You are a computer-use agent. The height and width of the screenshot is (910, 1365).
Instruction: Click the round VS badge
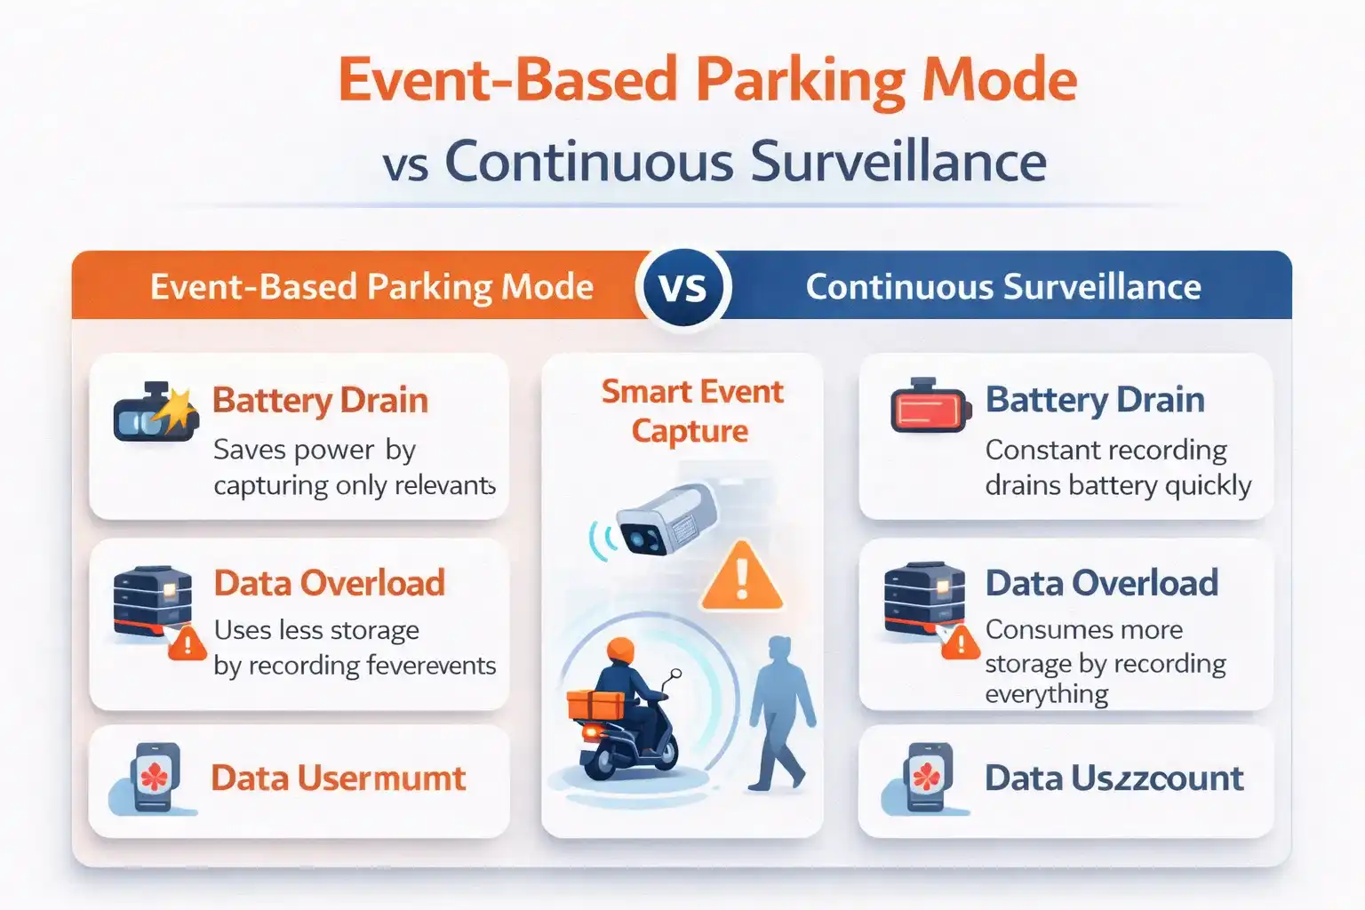pos(683,287)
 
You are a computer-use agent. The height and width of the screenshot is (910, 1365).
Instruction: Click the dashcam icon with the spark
pos(154,412)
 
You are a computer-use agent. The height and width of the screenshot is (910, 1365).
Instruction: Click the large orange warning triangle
pos(742,579)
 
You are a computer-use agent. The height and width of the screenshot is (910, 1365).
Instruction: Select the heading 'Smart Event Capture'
pos(691,411)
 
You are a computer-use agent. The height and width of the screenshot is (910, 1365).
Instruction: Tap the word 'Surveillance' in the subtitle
pos(898,162)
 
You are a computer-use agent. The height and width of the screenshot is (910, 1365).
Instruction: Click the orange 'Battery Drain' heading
pos(320,400)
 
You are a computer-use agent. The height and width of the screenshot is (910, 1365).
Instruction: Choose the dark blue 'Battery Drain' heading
pos(1095,400)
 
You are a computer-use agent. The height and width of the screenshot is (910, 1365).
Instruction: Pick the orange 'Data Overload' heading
pos(330,583)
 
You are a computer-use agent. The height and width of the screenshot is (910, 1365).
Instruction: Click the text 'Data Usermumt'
pos(338,778)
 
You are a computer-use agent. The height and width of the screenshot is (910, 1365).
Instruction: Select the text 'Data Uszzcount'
pos(1114,778)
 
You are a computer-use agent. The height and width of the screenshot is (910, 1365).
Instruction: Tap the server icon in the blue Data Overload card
pos(924,598)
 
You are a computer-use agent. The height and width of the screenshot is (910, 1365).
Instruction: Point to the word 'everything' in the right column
pos(1046,693)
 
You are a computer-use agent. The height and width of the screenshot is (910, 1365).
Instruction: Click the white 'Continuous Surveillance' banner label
pos(1002,287)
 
